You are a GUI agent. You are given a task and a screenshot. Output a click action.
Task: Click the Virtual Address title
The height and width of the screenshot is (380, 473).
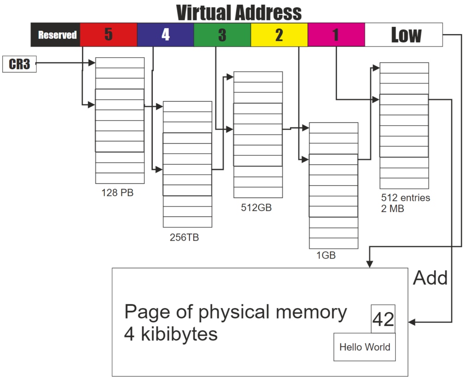coord(239,12)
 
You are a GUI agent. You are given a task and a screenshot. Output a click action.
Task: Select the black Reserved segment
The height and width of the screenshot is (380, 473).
coord(56,35)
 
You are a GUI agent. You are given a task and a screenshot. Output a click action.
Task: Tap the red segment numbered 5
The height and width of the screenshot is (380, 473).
coord(109,35)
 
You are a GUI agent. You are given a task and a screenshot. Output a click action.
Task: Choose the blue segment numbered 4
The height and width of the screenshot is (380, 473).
coord(165,35)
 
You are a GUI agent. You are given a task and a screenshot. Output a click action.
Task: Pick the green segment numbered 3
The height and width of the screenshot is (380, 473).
coord(222,35)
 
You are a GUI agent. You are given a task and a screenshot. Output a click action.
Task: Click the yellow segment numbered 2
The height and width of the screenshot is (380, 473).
coord(279,35)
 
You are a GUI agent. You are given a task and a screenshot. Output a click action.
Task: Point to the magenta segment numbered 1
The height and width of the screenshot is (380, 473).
coord(336,35)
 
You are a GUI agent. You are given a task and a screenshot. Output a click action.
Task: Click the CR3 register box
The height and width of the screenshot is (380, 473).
coord(19,64)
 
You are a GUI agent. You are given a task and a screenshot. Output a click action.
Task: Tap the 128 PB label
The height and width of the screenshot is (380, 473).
coord(117,193)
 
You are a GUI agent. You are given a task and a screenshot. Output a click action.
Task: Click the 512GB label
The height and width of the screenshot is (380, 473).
coord(256,207)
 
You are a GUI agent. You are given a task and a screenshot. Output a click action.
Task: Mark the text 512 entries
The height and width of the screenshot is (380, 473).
coord(405,198)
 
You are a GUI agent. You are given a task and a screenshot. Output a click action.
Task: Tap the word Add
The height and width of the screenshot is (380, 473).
coord(430,278)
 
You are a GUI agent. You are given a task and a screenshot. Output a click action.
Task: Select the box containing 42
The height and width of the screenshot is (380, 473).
coord(383,319)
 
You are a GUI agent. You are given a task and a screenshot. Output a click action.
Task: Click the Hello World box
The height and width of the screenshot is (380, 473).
coord(364,347)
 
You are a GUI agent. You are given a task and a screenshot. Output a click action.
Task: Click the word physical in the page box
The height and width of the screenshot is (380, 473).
coord(234,313)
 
